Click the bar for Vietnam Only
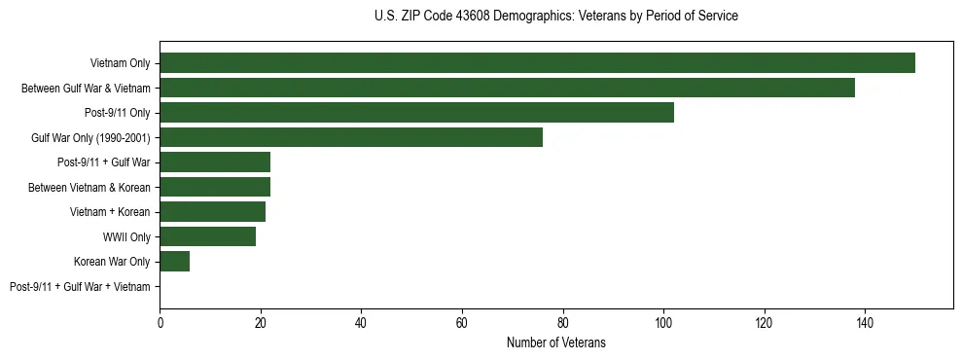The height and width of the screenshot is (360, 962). coord(537,63)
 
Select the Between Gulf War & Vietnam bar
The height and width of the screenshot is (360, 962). coord(507,88)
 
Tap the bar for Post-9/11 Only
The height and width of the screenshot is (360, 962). coord(416,113)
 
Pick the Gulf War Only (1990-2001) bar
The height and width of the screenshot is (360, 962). coord(351,137)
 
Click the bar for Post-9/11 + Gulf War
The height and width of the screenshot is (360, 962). coord(215,162)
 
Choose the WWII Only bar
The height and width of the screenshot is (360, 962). coord(207,236)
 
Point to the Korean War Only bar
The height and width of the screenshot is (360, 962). coord(175,262)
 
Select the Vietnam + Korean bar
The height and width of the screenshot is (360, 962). coord(212,212)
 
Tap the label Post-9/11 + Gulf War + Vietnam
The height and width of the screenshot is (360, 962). coord(80,287)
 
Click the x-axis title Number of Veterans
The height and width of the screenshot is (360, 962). coord(555,342)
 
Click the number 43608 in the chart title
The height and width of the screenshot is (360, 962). coord(473,17)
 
